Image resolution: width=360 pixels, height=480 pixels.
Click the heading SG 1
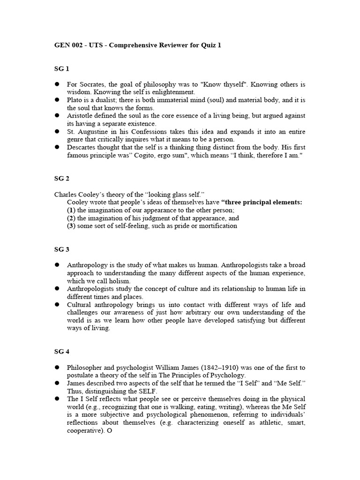coord(61,69)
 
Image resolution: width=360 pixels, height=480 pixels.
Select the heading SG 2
coord(61,179)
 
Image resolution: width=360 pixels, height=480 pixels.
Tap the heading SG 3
coord(61,249)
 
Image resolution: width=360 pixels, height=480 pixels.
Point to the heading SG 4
coord(61,352)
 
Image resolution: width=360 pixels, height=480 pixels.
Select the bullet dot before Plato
coord(57,100)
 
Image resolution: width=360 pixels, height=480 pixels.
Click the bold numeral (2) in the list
coord(71,218)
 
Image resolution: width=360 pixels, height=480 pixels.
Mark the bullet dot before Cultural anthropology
coord(57,305)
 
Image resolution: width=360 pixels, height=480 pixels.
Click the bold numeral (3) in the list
coord(71,226)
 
